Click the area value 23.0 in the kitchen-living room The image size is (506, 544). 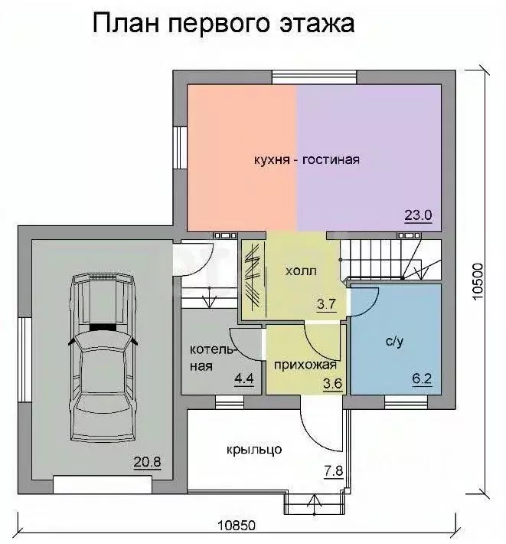pos(418,215)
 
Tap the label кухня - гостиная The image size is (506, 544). pos(307,160)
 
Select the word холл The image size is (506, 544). pos(301,270)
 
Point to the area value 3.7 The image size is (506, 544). pos(326,304)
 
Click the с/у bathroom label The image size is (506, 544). pos(395,342)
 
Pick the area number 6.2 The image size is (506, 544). pos(422,379)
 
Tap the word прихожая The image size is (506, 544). pos(305,365)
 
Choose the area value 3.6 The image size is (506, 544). pos(333,384)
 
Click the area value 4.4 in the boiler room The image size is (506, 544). pos(244,379)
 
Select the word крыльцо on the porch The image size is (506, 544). pos(254,450)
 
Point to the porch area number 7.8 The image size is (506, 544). pos(334,470)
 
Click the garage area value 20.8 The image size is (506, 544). pos(147,462)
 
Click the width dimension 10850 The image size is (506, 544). pos(237,526)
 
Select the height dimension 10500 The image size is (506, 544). pos(478,282)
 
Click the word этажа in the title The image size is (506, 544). pos(317,24)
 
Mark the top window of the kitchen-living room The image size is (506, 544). pos(315,77)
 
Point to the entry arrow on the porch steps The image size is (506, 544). pos(313,503)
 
